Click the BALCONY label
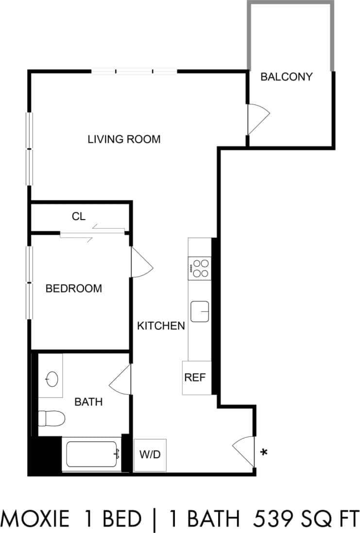(x=286, y=77)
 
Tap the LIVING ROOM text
(x=124, y=139)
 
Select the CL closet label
(x=79, y=217)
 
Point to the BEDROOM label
(x=74, y=289)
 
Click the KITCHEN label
(x=161, y=326)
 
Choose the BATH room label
(x=88, y=402)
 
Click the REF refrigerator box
(x=195, y=378)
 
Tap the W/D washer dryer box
(x=150, y=455)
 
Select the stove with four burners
(x=200, y=268)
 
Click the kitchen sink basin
(x=200, y=311)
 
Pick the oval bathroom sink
(x=51, y=379)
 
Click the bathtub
(x=92, y=454)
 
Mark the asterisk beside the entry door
(x=264, y=453)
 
